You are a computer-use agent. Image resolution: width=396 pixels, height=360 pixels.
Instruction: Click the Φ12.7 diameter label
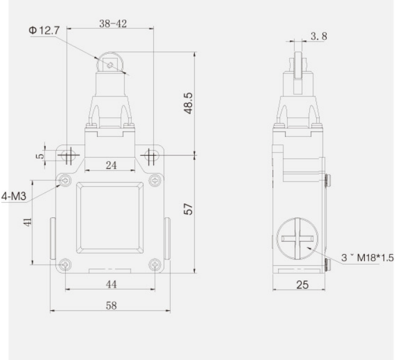coord(44,31)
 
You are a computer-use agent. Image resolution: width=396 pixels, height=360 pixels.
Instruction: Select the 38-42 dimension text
coord(113,24)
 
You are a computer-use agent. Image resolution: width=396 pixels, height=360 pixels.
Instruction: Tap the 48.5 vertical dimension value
coord(188,103)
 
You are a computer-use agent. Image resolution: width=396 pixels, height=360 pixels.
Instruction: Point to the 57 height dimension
coord(188,209)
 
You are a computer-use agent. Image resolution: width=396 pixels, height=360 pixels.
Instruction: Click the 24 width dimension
coord(111,166)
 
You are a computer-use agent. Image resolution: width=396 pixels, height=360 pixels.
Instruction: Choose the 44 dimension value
coord(111,284)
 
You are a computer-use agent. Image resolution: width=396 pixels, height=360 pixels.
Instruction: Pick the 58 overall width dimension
coord(111,306)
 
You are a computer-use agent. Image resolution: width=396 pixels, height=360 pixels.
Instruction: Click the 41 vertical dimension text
coord(28,222)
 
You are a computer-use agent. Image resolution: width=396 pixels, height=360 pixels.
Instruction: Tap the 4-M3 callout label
coord(14,196)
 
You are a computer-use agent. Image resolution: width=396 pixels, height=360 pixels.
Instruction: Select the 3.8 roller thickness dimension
coord(319,36)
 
